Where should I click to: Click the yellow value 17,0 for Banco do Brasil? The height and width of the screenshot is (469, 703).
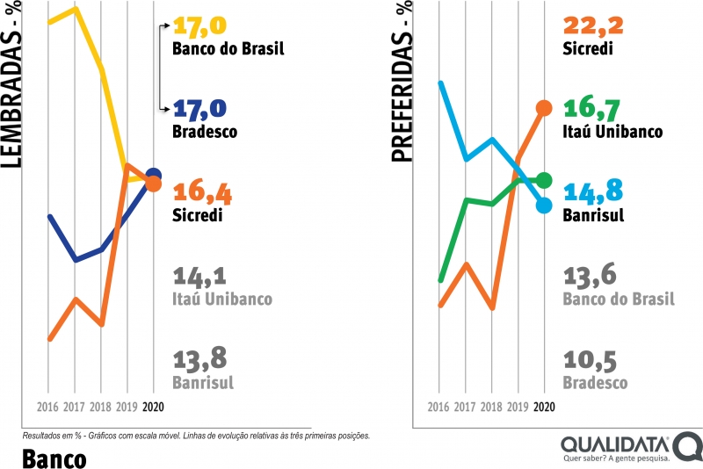[200, 25]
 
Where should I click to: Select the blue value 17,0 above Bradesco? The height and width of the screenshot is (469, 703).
[200, 109]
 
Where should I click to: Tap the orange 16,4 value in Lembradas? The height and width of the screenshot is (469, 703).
[200, 191]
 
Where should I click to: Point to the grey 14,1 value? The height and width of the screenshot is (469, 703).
[200, 277]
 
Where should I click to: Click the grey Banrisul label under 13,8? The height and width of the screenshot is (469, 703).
[204, 383]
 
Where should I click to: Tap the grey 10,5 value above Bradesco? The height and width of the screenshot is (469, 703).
[589, 361]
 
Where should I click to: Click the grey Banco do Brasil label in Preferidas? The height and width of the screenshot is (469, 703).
[619, 299]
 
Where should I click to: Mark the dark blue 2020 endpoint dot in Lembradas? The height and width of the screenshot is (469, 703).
[154, 176]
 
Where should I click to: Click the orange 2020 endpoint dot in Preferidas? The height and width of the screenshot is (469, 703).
[544, 108]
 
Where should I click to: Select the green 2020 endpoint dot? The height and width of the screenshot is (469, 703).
[544, 180]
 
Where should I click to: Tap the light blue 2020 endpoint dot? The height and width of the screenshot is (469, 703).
[544, 205]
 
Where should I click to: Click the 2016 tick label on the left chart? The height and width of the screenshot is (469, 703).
[49, 408]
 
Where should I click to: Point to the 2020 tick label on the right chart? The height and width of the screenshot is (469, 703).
[545, 408]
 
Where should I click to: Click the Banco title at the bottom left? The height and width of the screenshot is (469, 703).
[54, 458]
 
